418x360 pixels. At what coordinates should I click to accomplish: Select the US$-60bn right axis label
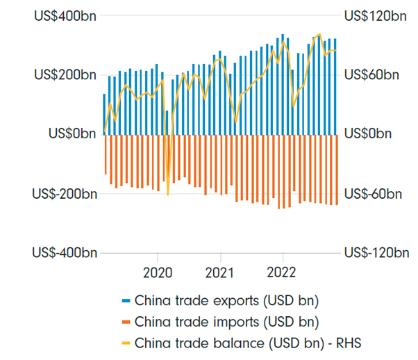point(374,193)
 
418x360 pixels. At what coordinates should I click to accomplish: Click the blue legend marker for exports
point(126,301)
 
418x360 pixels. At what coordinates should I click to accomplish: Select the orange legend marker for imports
point(126,322)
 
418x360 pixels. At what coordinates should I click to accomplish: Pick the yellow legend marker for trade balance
point(126,342)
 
